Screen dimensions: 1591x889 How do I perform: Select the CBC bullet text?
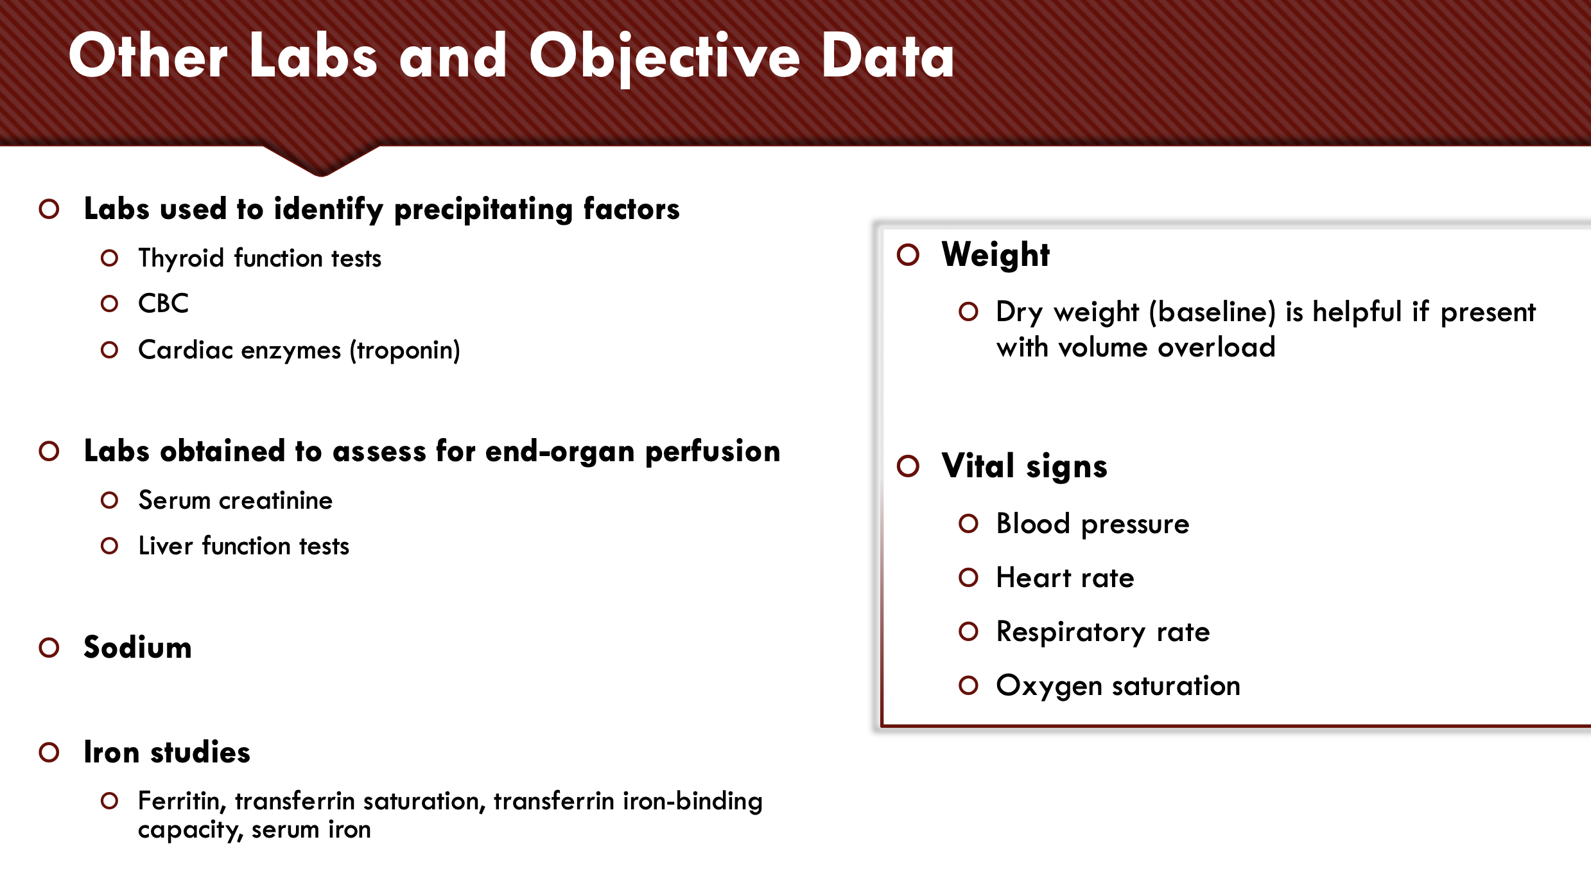[164, 303]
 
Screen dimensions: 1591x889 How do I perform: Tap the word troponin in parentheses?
[404, 351]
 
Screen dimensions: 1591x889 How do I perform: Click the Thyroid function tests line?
[260, 258]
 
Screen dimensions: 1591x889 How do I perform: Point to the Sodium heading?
[137, 647]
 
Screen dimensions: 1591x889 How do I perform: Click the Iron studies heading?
[167, 752]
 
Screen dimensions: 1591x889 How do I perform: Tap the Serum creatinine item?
[236, 500]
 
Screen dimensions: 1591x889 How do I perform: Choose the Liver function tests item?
[244, 546]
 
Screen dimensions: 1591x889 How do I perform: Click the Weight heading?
[996, 254]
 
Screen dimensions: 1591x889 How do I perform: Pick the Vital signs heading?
[1025, 466]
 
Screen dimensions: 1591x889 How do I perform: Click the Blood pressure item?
[1093, 524]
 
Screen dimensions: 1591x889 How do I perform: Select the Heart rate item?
[1065, 577]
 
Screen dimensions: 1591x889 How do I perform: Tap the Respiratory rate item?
[1103, 632]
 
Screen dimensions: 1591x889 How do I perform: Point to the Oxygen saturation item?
[1118, 686]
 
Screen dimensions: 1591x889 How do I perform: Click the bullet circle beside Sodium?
[49, 647]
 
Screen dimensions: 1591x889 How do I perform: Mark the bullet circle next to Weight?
[909, 255]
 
